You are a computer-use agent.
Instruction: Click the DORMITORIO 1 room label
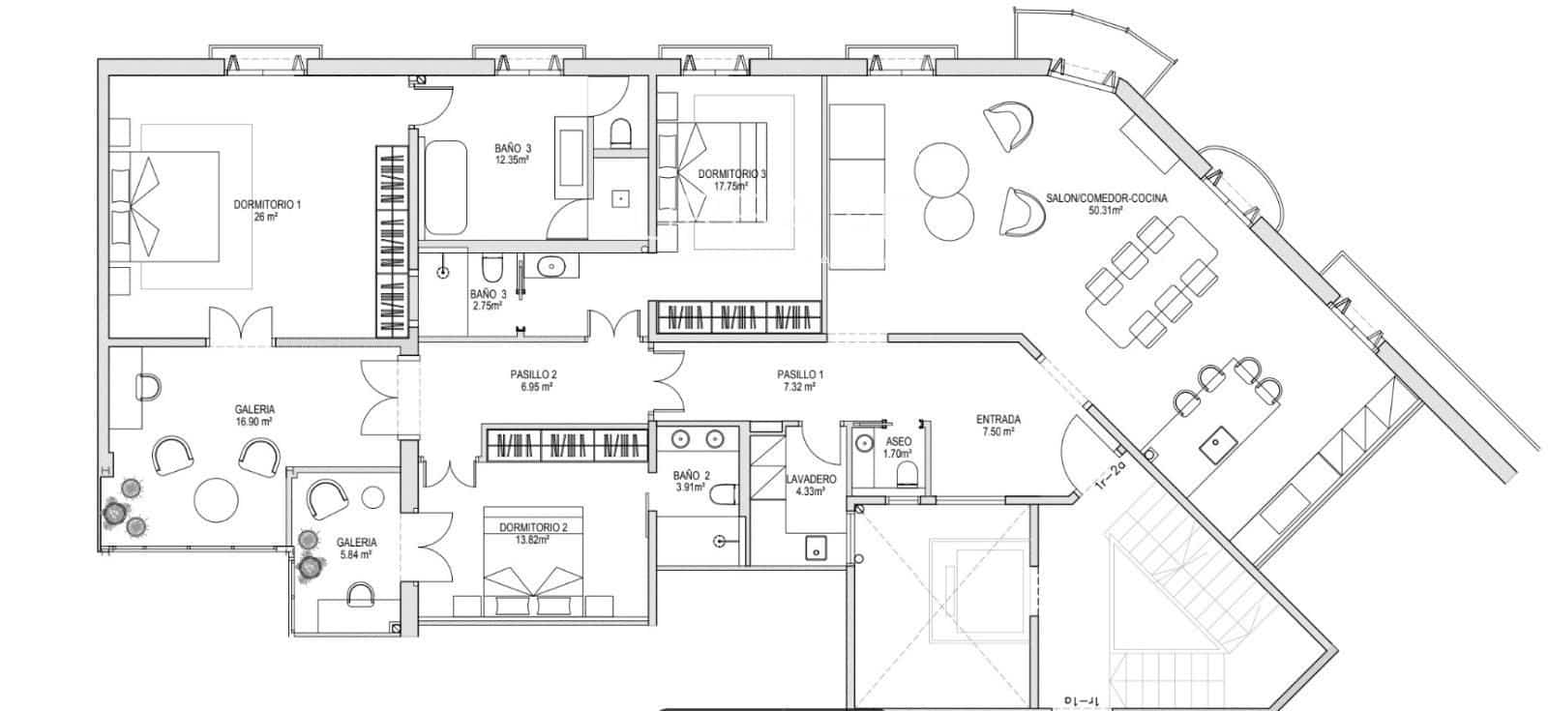tap(267, 204)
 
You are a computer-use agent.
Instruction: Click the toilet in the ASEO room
tap(907, 474)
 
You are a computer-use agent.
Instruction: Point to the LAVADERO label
tap(810, 479)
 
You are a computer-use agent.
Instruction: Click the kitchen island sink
tap(1212, 447)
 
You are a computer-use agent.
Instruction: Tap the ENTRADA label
tap(997, 420)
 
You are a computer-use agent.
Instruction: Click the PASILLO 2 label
tap(533, 374)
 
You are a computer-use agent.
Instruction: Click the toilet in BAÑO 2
tap(723, 495)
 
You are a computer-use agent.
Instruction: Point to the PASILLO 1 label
tap(799, 374)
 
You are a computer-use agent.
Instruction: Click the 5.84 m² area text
tap(356, 555)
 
